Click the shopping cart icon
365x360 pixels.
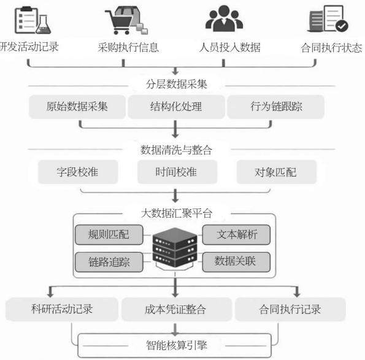pos(126,20)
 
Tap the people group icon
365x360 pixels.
pos(224,18)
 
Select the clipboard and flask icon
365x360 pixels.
pos(33,20)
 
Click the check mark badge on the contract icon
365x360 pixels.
pos(342,26)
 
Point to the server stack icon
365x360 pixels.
pos(175,248)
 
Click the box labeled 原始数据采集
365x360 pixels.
pos(77,107)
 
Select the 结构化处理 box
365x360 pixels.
pos(176,107)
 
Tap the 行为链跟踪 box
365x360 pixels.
pos(275,107)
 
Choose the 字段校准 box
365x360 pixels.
pos(78,172)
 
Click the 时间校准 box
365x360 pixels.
pos(177,172)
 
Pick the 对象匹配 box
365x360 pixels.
pos(277,172)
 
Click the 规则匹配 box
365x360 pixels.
pos(109,234)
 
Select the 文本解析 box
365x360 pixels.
pos(236,234)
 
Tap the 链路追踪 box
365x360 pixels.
pos(109,262)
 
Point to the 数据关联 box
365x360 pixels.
pos(236,262)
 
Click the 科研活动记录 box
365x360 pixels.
pos(62,309)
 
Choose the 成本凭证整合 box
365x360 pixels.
pos(177,309)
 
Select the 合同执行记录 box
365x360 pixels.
pos(290,309)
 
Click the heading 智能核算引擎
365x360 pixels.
pos(177,345)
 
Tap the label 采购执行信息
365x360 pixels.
pos(128,47)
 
